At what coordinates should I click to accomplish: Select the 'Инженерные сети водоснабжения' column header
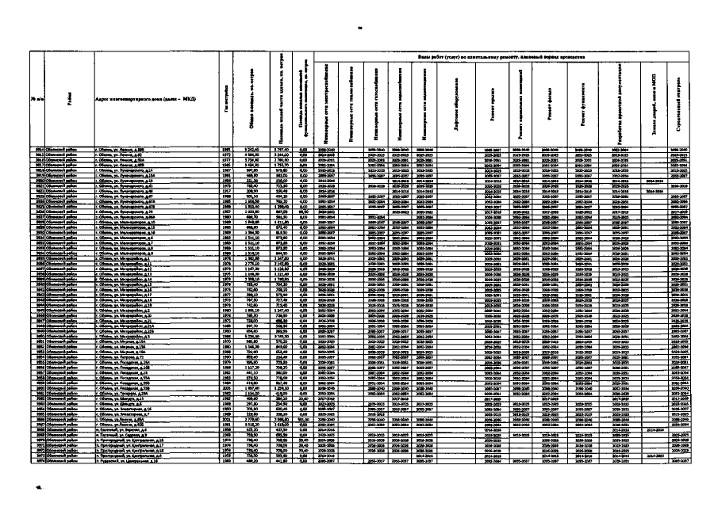click(x=404, y=103)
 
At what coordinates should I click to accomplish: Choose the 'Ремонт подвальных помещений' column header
click(x=520, y=103)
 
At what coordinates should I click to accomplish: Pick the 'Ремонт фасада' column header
click(x=550, y=103)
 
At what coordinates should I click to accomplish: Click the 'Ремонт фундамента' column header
click(x=583, y=103)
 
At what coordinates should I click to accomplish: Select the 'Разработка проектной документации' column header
click(x=616, y=103)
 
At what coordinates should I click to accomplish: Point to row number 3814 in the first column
click(x=36, y=149)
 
